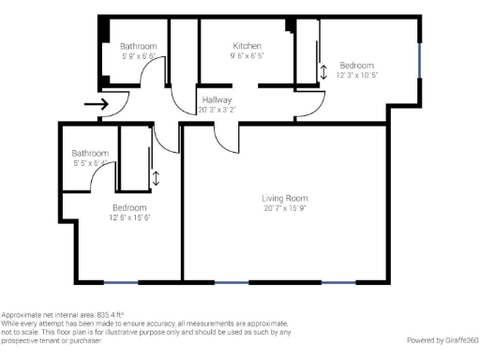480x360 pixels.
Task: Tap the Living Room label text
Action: point(284,198)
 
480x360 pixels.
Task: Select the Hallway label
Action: point(216,99)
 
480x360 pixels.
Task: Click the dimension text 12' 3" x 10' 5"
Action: point(356,75)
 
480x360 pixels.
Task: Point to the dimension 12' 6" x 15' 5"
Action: point(128,217)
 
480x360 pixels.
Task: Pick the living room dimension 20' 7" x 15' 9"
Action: point(284,208)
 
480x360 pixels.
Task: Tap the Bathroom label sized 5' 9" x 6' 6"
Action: point(138,46)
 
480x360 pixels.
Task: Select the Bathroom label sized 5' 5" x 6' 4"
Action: point(90,153)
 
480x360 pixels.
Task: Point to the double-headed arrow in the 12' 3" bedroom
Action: point(324,72)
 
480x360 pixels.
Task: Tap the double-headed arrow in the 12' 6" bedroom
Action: point(156,177)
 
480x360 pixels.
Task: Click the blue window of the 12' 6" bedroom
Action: point(121,282)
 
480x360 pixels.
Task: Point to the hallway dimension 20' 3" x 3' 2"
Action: point(216,110)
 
